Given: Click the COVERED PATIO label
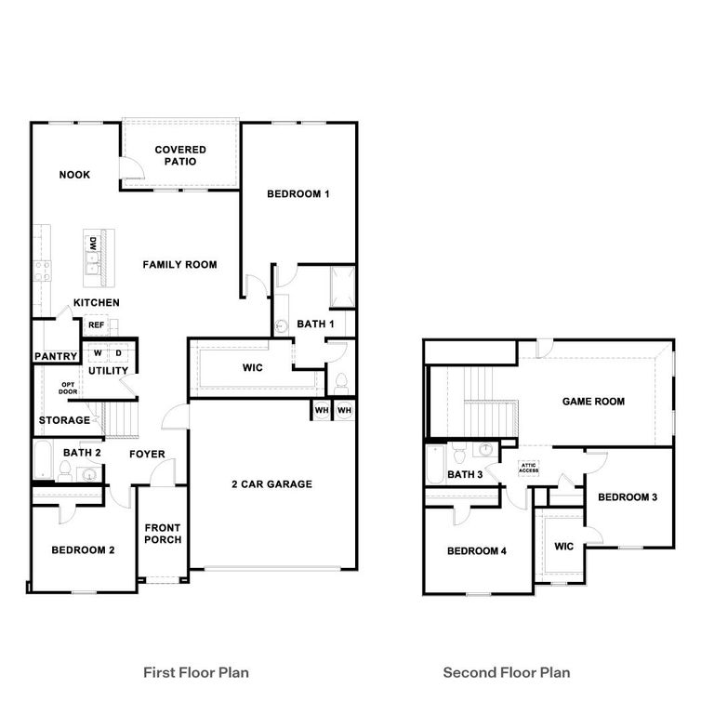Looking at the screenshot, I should [180, 155].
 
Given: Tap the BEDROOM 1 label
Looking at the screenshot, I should [298, 194].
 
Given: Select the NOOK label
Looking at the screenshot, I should [74, 175].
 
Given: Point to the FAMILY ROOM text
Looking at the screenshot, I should [179, 265].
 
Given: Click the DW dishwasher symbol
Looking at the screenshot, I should [93, 244].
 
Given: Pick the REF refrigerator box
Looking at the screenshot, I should [95, 325].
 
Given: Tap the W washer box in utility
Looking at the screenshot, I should [97, 353].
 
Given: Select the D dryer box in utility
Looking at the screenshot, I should [119, 353].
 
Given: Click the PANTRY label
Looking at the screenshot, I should [55, 356].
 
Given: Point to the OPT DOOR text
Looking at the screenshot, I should [69, 388].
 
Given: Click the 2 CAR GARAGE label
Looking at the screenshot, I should [271, 484].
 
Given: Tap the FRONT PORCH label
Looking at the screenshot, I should [163, 535].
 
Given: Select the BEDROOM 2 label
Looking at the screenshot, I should [83, 550].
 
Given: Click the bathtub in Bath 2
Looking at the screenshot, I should [43, 459].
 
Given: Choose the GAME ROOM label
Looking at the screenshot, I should [593, 402].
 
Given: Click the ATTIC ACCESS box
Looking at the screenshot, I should [528, 468].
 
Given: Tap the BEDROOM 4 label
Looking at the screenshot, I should [476, 551].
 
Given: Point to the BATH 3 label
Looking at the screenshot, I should [465, 475].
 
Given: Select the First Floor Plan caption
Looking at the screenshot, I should [195, 672].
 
